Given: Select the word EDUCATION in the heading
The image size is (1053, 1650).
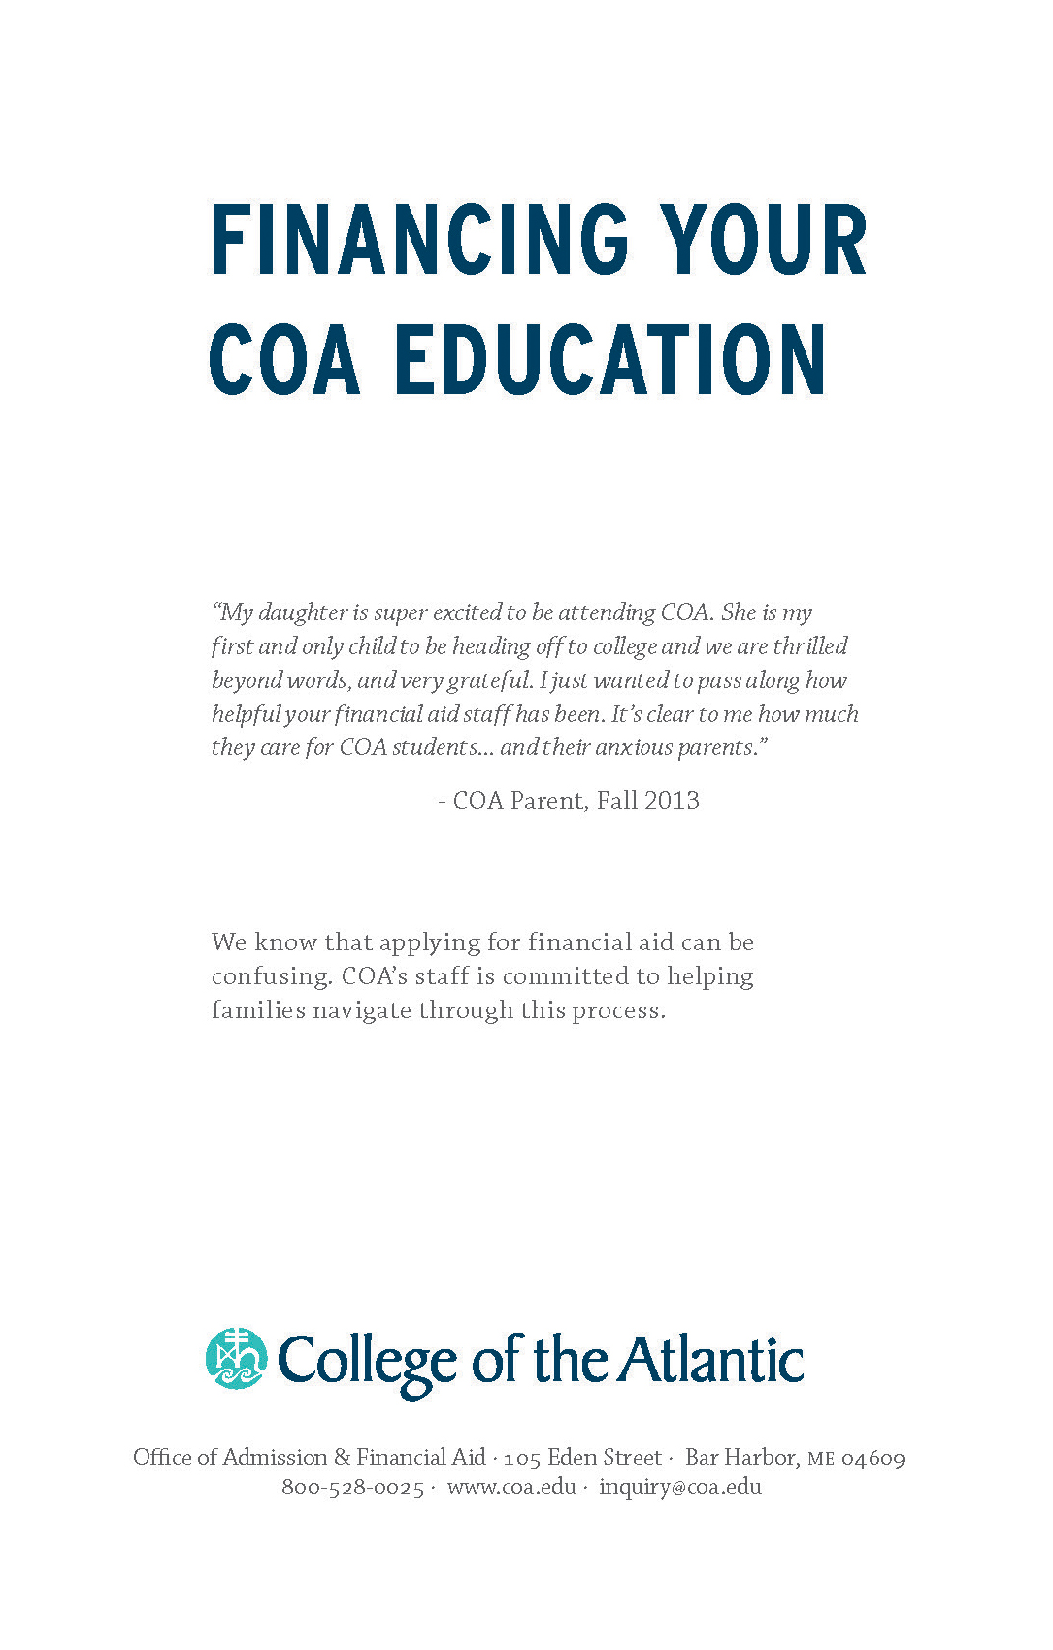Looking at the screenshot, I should (x=610, y=360).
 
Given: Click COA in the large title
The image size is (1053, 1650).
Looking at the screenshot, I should (x=284, y=360).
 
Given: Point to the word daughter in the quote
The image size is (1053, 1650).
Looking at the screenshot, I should (x=303, y=612).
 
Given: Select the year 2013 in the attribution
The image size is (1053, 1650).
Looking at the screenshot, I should (x=672, y=801).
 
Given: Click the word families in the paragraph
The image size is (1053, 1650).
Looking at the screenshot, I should (x=258, y=1010).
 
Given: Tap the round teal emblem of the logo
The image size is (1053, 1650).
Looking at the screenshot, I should (x=236, y=1358).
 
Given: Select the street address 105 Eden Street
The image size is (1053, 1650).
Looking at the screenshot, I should (x=582, y=1457).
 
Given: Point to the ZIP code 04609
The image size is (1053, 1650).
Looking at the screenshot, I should (x=872, y=1458).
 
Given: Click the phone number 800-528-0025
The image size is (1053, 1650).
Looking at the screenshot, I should (x=352, y=1487).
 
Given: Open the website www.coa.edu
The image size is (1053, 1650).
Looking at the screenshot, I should (x=511, y=1487).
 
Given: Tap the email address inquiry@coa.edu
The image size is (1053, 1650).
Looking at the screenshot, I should (x=679, y=1487).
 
